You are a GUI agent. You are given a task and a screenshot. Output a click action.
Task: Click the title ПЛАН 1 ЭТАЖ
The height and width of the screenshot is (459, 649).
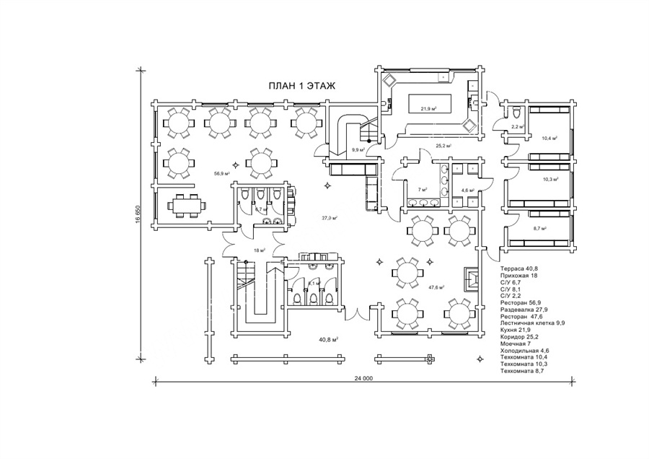(303, 86)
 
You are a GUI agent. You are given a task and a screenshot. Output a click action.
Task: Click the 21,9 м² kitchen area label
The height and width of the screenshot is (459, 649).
(430, 108)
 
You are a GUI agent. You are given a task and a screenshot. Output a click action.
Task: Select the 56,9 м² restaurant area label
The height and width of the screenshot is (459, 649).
(221, 174)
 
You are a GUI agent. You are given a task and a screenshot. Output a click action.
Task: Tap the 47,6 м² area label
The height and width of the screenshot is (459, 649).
(436, 287)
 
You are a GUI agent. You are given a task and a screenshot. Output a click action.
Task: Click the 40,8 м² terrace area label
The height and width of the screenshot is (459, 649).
(329, 338)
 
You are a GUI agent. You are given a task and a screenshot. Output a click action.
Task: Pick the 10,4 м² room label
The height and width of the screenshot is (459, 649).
(549, 137)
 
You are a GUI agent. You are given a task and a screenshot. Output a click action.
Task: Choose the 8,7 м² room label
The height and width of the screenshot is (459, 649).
(539, 228)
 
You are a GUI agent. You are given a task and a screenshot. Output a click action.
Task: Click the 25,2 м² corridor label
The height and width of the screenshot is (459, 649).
(443, 146)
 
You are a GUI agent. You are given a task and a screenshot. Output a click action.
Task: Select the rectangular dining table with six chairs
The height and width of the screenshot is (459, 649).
(187, 205)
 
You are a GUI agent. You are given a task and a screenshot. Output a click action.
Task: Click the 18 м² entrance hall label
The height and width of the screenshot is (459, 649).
(259, 250)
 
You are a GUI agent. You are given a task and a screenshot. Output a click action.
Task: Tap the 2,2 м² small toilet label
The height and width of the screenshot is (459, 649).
(516, 127)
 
